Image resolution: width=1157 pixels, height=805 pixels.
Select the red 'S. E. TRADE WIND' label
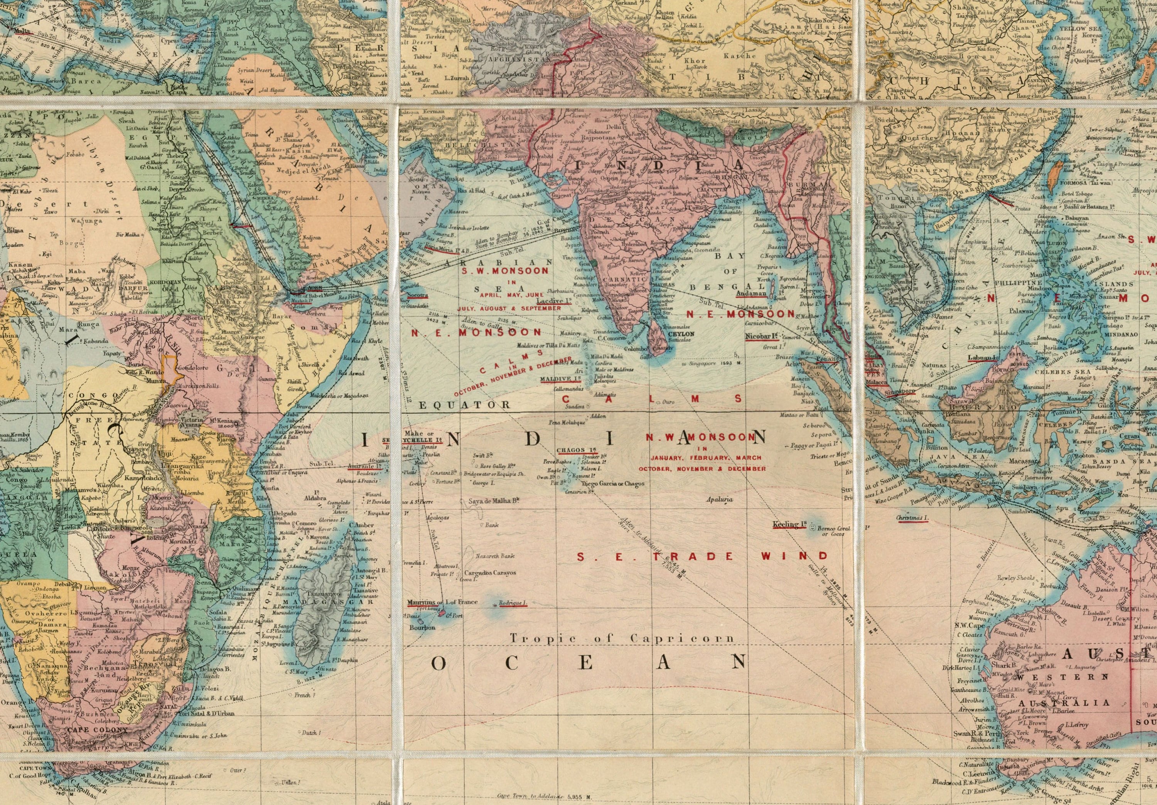coord(702,556)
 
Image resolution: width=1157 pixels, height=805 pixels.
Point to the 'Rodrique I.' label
coord(513,603)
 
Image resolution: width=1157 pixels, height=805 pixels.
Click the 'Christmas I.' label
coord(912,518)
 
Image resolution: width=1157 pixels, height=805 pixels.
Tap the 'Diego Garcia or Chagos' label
coord(612,483)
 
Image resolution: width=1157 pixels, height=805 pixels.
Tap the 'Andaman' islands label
coord(751,293)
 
